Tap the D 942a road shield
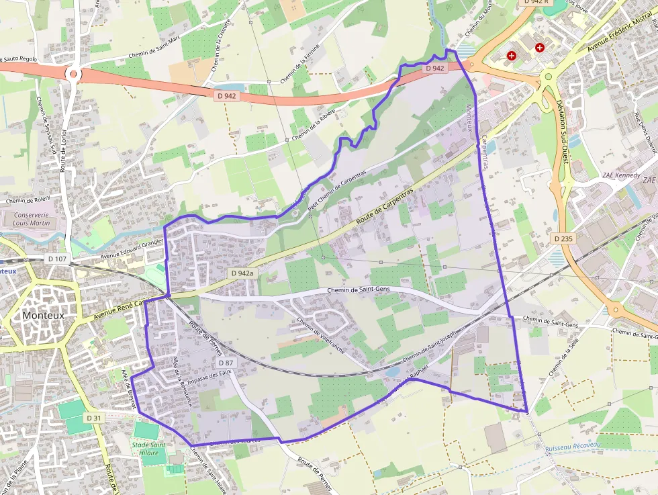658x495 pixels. pyautogui.click(x=242, y=273)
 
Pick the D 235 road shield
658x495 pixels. pyautogui.click(x=562, y=238)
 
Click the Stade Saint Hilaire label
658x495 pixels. pyautogui.click(x=149, y=448)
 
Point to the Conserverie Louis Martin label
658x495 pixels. pyautogui.click(x=32, y=219)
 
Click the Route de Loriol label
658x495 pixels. pyautogui.click(x=64, y=151)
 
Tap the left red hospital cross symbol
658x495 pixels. pyautogui.click(x=512, y=56)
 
